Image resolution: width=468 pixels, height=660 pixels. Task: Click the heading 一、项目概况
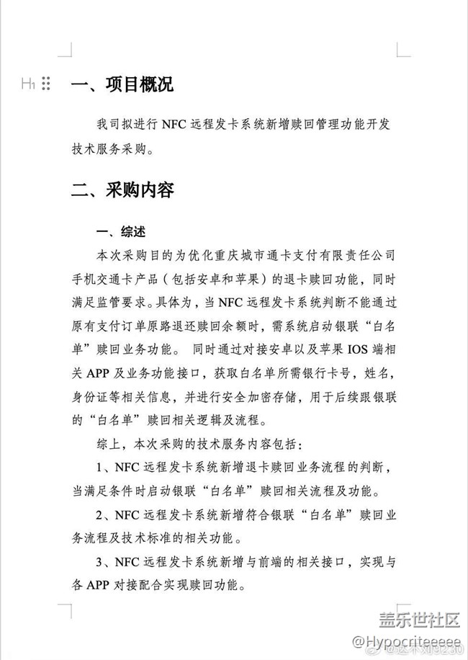pyautogui.click(x=122, y=84)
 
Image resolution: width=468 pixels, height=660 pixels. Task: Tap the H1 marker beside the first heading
pyautogui.click(x=28, y=84)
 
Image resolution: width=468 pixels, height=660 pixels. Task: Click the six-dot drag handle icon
pyautogui.click(x=46, y=84)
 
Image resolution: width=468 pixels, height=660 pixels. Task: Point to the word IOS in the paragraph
pyautogui.click(x=349, y=351)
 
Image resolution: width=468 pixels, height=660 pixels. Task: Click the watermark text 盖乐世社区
pyautogui.click(x=419, y=619)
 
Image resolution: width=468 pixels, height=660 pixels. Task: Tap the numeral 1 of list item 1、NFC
pyautogui.click(x=99, y=468)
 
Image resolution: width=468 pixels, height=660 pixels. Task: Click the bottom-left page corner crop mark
pyautogui.click(x=64, y=611)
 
